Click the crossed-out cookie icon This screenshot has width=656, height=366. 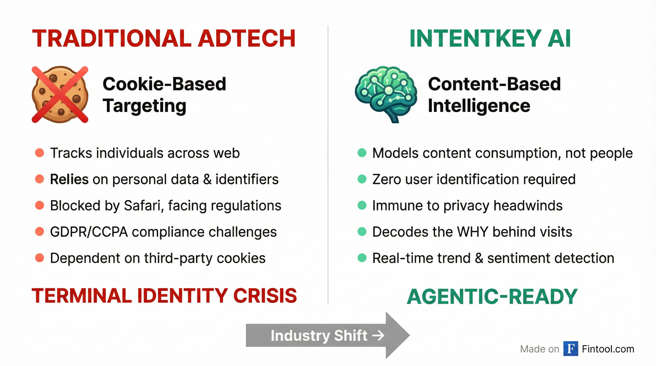coord(60,94)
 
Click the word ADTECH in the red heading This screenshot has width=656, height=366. coord(246,38)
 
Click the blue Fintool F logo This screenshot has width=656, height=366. coord(570,349)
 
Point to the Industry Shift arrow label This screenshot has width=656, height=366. coord(319,335)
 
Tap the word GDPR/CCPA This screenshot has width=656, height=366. coord(89,232)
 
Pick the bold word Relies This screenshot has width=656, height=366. coord(69,179)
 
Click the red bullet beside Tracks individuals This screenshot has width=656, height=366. coord(40,153)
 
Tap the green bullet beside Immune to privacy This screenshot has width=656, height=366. coord(362,205)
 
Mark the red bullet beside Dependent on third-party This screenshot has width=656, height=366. coord(40,258)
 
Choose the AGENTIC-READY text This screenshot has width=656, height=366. coord(492,297)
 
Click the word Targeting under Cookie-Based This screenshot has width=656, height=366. coord(144,106)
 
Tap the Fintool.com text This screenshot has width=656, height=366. coord(608,349)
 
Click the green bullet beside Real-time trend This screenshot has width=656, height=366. coord(362,258)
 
